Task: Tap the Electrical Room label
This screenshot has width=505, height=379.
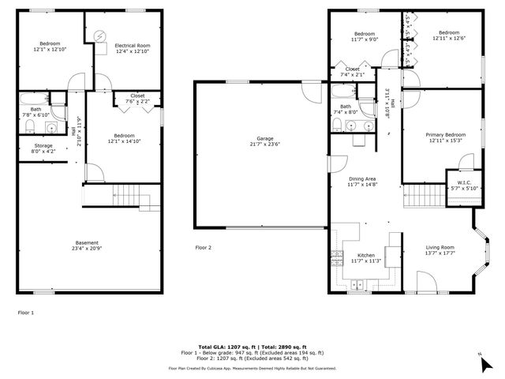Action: pyautogui.click(x=132, y=49)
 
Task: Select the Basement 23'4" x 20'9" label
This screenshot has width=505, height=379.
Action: pyautogui.click(x=87, y=246)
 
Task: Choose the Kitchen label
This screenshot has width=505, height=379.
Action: pyautogui.click(x=365, y=258)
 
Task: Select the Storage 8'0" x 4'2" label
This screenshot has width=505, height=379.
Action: pyautogui.click(x=43, y=148)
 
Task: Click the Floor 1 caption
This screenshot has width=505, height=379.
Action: pyautogui.click(x=26, y=312)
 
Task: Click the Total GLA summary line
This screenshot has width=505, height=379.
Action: pyautogui.click(x=252, y=347)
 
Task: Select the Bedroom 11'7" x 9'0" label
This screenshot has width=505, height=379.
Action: pyautogui.click(x=364, y=36)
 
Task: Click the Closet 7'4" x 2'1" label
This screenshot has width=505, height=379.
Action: pyautogui.click(x=352, y=72)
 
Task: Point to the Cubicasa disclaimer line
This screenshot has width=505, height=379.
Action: pyautogui.click(x=252, y=368)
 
